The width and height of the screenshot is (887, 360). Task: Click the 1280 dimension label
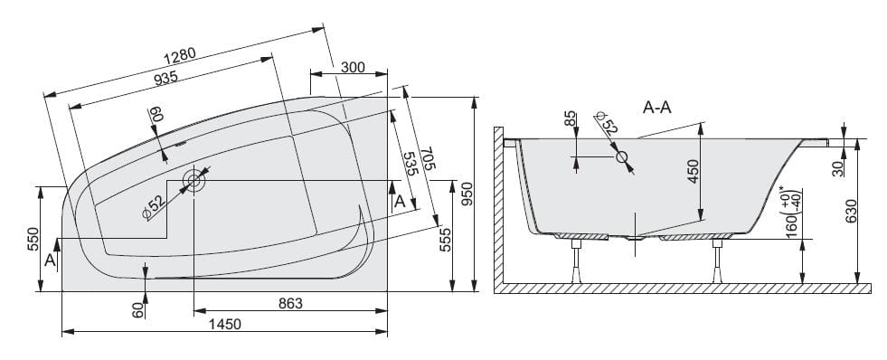pyautogui.click(x=179, y=55)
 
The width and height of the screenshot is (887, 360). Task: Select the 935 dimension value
pyautogui.click(x=165, y=78)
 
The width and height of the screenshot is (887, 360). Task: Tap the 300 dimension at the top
pyautogui.click(x=353, y=68)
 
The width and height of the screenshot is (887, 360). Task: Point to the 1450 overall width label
pyautogui.click(x=225, y=325)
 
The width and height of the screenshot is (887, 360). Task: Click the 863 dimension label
pyautogui.click(x=291, y=303)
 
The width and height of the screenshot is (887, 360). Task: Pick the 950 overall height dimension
pyautogui.click(x=467, y=194)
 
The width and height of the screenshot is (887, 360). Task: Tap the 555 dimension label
pyautogui.click(x=445, y=240)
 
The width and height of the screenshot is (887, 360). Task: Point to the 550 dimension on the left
pyautogui.click(x=33, y=239)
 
